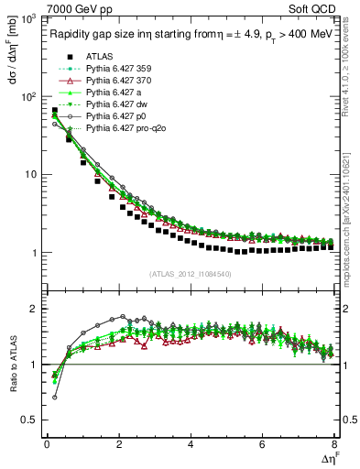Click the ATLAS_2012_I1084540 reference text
pos(190,274)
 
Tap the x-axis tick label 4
pos(191,445)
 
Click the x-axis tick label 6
pos(262,445)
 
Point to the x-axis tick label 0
pos(47,445)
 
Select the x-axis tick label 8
pos(333,445)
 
